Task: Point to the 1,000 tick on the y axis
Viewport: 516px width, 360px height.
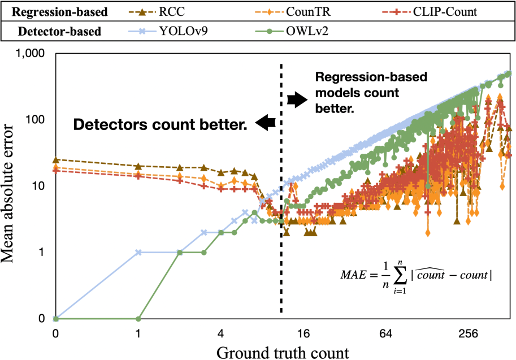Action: pos(36,55)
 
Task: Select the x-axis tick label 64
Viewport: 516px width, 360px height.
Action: pos(387,333)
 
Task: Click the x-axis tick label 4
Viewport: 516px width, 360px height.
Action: pos(221,333)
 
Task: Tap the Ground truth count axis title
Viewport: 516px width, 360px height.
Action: pos(283,352)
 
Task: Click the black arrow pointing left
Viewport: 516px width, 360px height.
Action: pos(265,120)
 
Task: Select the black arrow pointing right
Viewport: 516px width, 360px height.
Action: pos(296,100)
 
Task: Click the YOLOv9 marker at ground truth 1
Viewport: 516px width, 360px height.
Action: pos(138,252)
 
